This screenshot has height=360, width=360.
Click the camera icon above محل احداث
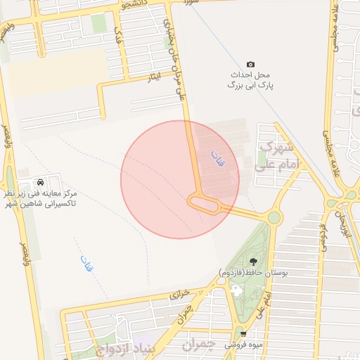pyautogui.click(x=252, y=64)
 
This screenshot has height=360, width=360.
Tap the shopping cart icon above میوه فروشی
pyautogui.click(x=243, y=334)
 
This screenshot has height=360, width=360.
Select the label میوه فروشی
pyautogui.click(x=242, y=345)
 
